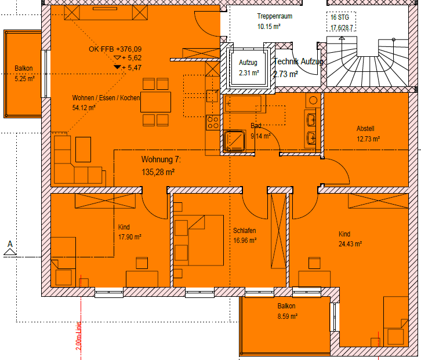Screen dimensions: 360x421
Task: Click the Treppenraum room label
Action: point(274,16)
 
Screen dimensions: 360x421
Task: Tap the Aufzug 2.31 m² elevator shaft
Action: point(248,68)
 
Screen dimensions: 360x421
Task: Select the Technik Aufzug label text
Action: point(298,61)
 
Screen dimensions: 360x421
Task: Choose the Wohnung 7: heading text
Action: point(161,159)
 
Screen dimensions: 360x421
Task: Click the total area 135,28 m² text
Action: point(158,172)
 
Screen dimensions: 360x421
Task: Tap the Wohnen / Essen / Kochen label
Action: point(106,98)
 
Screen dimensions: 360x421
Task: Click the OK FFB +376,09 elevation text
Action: point(115,49)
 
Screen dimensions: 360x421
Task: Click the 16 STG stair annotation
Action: point(337,17)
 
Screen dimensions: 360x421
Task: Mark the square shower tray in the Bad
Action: point(235,141)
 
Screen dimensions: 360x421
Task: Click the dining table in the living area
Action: point(155,102)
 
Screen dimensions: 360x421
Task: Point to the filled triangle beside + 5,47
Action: point(117,67)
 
